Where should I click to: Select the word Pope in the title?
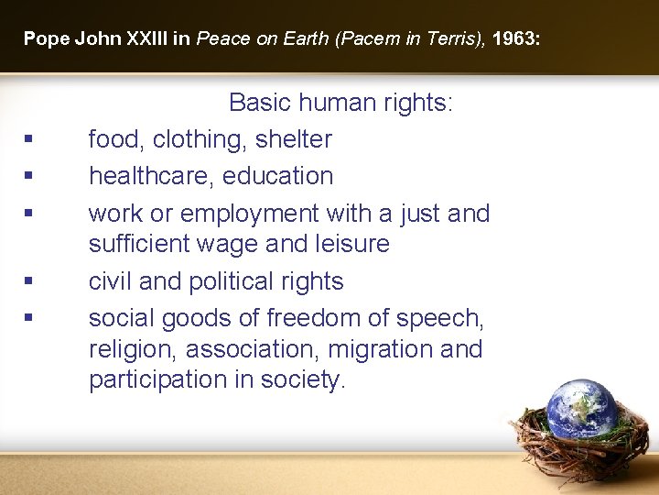41,38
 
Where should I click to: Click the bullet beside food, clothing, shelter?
29,140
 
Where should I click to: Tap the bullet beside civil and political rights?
29,282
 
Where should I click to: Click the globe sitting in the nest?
582,408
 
